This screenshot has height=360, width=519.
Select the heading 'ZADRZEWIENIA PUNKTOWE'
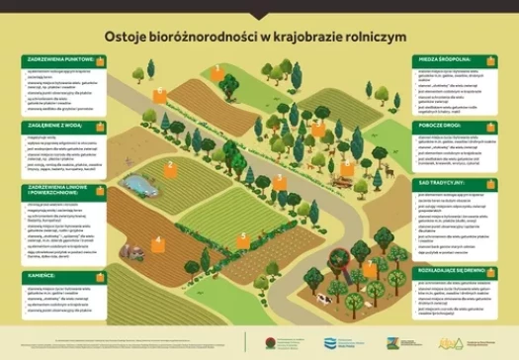[59, 59]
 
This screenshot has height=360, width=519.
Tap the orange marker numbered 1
[216, 70]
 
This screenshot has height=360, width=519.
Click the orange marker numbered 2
[170, 168]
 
